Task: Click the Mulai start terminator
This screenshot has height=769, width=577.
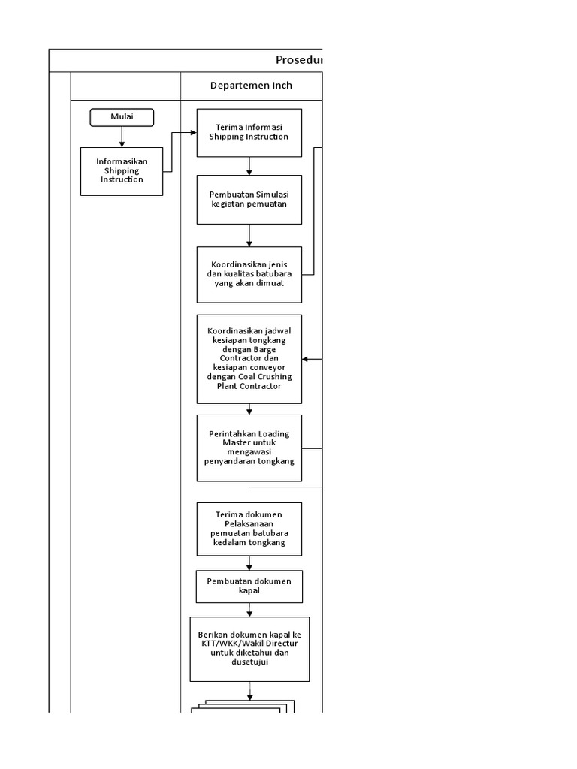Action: coord(122,117)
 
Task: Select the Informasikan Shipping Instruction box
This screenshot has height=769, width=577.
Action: coord(122,171)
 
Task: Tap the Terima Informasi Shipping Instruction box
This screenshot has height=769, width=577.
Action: coord(249,133)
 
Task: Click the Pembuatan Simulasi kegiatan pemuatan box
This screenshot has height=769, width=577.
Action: coord(249,199)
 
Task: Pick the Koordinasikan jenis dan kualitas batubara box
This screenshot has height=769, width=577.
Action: coord(249,275)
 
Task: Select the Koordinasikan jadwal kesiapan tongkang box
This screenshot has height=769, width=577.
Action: coord(249,359)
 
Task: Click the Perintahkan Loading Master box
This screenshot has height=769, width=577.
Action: coord(249,448)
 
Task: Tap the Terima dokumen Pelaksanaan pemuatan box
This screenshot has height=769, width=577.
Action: coord(249,529)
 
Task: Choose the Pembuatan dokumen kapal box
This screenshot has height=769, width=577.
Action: coord(249,587)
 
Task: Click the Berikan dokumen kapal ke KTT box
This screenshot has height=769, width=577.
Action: coord(249,649)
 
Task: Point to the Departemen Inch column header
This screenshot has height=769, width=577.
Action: coord(251,86)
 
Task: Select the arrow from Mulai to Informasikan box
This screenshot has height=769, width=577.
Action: coord(122,136)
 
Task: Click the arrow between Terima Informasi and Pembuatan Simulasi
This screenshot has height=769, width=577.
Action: coord(249,166)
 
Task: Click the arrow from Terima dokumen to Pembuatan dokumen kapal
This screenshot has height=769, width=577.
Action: coord(249,562)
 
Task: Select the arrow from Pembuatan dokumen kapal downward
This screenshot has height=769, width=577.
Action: coord(249,610)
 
